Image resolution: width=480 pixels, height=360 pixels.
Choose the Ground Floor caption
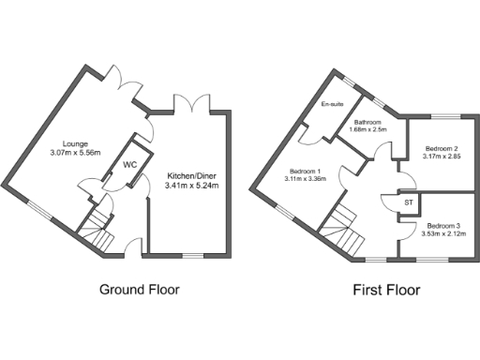139,290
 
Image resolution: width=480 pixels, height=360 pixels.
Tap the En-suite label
333,104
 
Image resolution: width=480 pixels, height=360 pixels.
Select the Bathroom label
367,122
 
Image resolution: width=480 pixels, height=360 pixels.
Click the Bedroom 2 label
441,148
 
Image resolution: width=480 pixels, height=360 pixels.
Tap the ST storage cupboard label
410,202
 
